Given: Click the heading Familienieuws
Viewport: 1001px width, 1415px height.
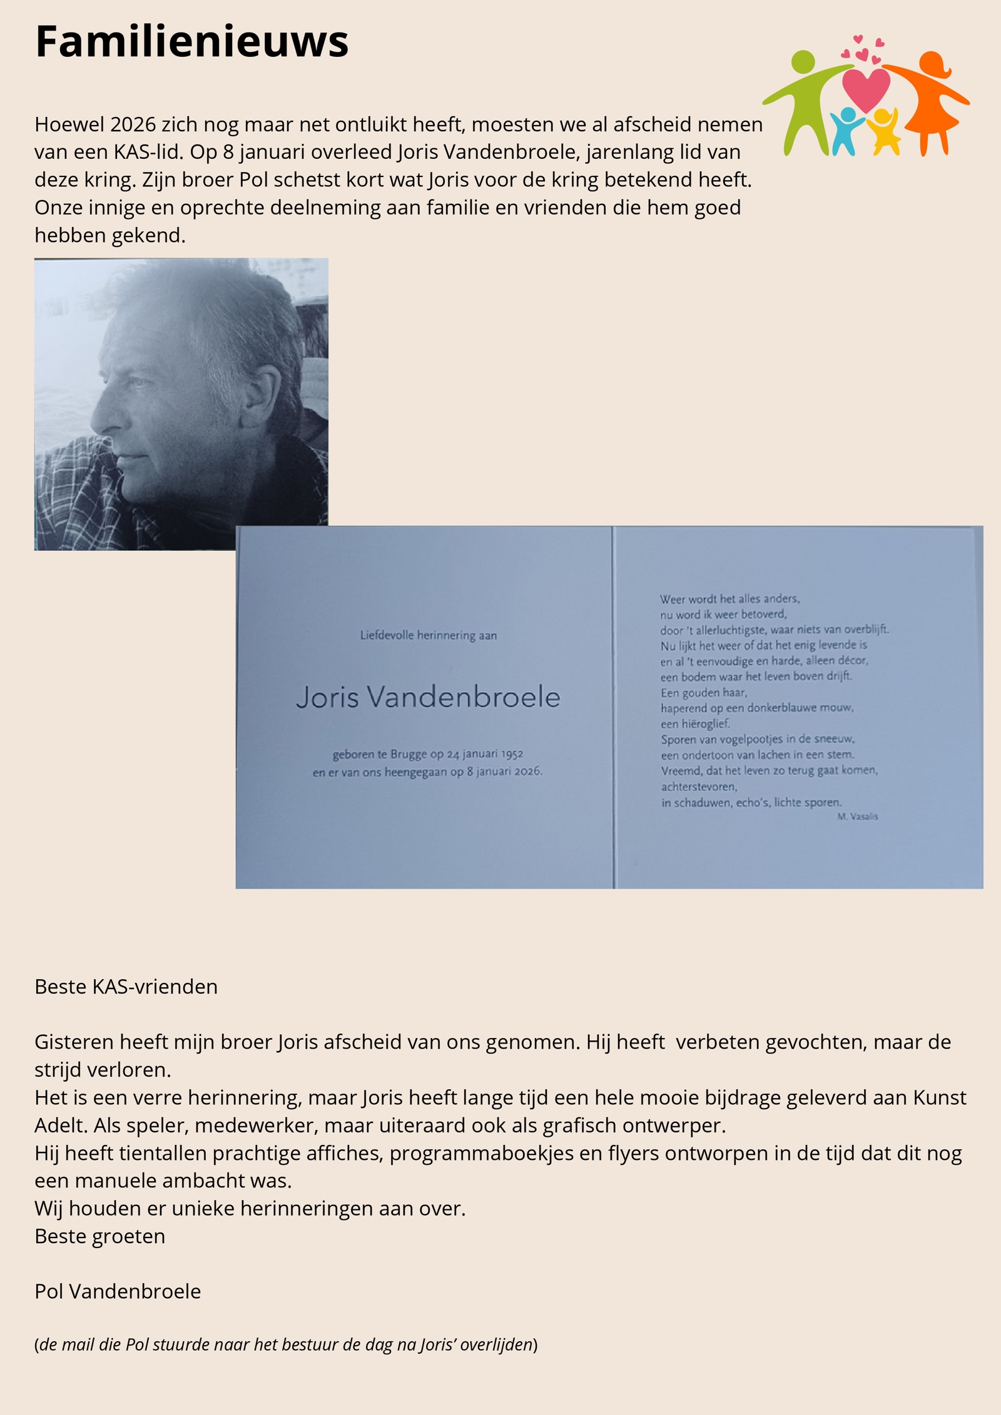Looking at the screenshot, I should (x=191, y=42).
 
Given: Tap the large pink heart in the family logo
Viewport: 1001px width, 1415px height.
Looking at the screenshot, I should (x=866, y=88).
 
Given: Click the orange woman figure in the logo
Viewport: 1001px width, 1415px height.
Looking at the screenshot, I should (x=932, y=100).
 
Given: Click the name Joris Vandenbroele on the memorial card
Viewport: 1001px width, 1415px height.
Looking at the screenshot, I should (x=428, y=697).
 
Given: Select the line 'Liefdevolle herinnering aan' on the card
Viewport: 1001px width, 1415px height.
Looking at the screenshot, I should (x=428, y=635).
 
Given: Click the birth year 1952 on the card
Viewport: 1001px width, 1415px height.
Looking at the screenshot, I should (x=511, y=754).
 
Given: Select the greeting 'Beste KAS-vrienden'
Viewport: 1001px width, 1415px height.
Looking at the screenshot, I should (x=126, y=987).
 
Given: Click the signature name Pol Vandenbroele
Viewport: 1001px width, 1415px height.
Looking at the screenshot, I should (x=118, y=1291).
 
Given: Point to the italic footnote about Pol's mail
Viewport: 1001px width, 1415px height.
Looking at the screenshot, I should (x=286, y=1344).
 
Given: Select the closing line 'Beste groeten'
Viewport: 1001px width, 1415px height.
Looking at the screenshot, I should (x=99, y=1236).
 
